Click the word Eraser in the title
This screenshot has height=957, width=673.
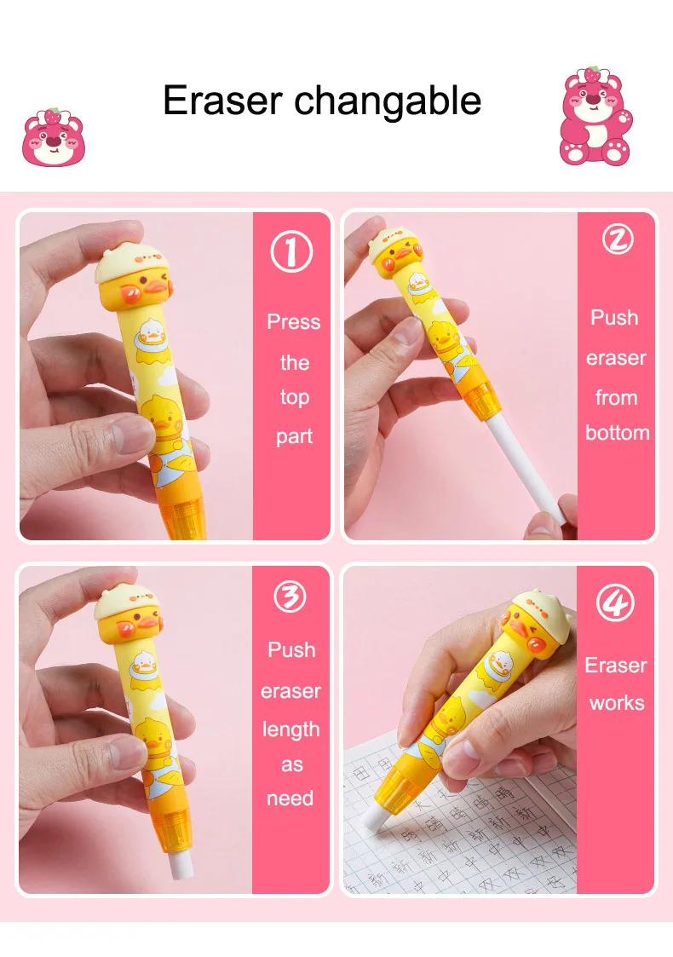point(222,101)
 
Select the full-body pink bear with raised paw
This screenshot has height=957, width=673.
point(597,118)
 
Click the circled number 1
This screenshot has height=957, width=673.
point(291,253)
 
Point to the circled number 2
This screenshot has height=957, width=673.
point(617,240)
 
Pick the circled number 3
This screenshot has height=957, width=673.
point(290,597)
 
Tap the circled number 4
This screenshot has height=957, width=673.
point(615,604)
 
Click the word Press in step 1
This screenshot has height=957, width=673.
point(293,322)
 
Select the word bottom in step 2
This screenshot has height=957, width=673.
point(617,433)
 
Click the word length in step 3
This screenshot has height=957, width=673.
point(290,730)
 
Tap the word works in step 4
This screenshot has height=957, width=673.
point(616,703)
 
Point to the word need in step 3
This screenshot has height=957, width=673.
point(290,799)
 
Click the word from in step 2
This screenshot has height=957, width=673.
point(616,398)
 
